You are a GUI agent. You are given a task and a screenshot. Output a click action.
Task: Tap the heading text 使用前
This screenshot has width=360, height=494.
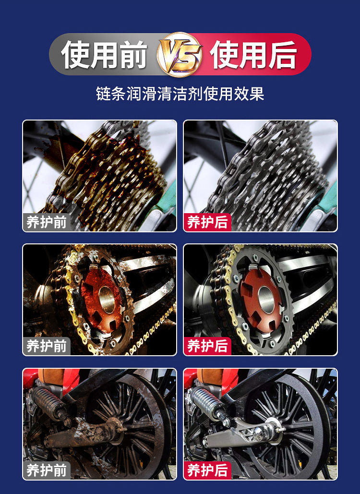[104, 55]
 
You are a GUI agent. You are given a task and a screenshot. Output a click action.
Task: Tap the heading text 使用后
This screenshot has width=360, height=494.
[254, 55]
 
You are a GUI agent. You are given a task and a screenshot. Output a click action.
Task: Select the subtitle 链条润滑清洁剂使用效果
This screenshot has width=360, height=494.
[180, 94]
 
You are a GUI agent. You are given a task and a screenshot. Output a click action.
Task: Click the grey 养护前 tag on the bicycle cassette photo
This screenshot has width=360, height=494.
[47, 222]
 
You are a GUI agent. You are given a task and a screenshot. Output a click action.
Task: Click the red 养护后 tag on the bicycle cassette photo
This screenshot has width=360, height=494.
[207, 222]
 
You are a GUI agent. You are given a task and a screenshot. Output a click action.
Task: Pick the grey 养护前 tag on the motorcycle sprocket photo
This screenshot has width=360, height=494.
[47, 346]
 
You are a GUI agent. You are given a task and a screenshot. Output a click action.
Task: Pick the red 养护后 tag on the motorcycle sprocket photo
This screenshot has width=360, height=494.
[207, 346]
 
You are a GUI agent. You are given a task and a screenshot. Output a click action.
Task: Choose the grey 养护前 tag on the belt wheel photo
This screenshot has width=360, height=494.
[47, 470]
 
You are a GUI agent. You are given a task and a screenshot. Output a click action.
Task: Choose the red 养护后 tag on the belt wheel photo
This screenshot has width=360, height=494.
[207, 470]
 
